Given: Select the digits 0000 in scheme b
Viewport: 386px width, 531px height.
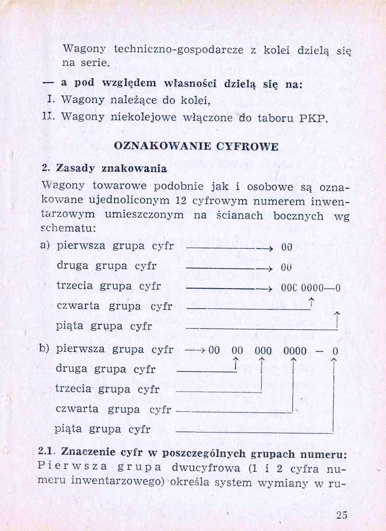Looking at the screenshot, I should coord(295,351).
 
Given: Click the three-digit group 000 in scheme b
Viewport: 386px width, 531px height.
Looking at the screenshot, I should coord(263,351).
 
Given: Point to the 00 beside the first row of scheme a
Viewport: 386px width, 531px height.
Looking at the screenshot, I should coord(287,247).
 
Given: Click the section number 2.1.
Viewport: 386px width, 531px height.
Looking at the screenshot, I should coord(48,454).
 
